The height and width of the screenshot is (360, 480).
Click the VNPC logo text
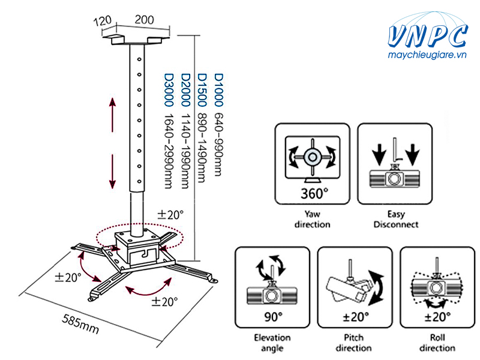[428, 36]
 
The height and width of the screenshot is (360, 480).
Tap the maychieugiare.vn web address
[427, 55]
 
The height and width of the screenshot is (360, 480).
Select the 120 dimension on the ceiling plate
[103, 22]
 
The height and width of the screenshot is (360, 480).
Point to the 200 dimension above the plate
[144, 20]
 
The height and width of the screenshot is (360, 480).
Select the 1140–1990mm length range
[186, 151]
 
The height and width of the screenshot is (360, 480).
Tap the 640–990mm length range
[218, 145]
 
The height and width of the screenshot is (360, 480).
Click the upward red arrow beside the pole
[113, 115]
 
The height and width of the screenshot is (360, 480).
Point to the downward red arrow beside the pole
[113, 172]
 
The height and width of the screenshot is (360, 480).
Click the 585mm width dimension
[80, 324]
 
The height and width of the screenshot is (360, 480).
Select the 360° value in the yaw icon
[314, 193]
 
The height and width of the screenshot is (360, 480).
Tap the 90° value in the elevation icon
[274, 317]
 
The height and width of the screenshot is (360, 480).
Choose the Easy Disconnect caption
[396, 219]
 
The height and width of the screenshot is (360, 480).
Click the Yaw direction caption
[312, 219]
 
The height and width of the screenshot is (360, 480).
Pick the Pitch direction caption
[353, 343]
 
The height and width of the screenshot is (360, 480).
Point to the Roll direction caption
[437, 343]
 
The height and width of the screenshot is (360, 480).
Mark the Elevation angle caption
[272, 343]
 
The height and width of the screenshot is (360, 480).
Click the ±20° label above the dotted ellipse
[170, 215]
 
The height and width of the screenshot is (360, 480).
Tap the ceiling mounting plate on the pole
[136, 40]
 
